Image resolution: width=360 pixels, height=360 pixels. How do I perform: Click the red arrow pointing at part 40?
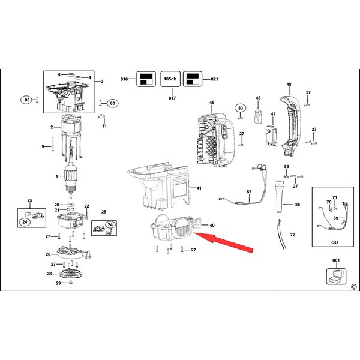223,242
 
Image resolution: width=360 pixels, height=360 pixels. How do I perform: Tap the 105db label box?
170,79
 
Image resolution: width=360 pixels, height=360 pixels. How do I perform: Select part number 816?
124,79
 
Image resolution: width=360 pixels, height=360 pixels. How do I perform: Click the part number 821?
214,79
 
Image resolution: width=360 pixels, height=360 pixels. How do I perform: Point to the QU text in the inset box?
335,242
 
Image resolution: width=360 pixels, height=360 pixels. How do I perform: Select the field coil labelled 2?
71,125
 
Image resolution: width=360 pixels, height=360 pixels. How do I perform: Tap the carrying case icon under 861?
336,277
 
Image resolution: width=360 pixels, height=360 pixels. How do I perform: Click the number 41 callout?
199,188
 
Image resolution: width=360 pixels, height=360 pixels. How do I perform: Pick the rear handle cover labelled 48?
290,126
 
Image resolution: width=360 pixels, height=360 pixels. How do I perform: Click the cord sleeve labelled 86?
280,197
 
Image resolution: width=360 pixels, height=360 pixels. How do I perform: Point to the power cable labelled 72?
282,234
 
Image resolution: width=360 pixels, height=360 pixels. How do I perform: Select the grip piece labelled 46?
258,116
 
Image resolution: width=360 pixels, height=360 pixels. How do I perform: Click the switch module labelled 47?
271,135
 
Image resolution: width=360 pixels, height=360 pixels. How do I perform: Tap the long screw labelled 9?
53,144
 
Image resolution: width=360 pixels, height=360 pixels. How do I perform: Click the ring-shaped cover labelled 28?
71,274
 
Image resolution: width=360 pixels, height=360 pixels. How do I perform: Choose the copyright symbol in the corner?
354,287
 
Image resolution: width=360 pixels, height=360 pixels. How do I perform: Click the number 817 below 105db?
172,98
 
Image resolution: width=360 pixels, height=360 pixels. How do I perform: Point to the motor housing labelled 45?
216,140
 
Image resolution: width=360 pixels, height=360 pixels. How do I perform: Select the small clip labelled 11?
102,116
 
